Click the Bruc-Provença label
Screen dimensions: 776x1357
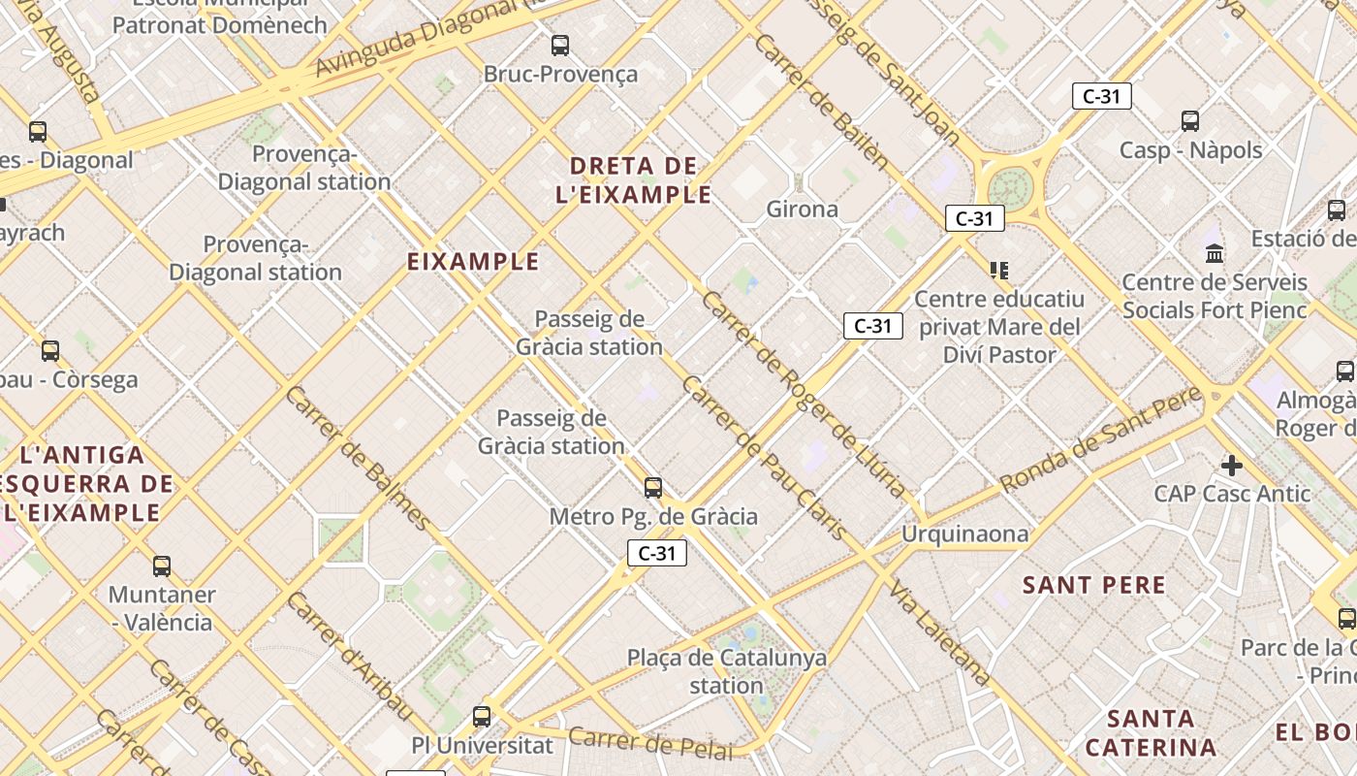pyautogui.click(x=560, y=74)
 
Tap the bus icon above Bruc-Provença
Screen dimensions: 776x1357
pyautogui.click(x=559, y=45)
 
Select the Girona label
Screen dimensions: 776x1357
pyautogui.click(x=802, y=209)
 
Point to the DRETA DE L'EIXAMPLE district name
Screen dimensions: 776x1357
pyautogui.click(x=634, y=179)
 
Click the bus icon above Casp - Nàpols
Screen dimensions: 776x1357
pyautogui.click(x=1190, y=121)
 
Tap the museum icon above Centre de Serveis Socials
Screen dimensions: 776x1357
pyautogui.click(x=1214, y=253)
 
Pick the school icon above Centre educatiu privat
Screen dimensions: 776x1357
pyautogui.click(x=998, y=270)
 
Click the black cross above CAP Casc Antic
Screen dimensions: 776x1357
pyautogui.click(x=1231, y=466)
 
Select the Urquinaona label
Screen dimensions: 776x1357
pyautogui.click(x=964, y=533)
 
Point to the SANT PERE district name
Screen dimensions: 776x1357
pyautogui.click(x=1094, y=585)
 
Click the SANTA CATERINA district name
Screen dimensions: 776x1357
pyautogui.click(x=1151, y=733)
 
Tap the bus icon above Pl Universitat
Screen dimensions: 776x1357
pyautogui.click(x=482, y=717)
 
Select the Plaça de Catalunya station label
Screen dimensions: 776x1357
pyautogui.click(x=727, y=671)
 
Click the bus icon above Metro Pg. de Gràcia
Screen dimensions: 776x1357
pyautogui.click(x=653, y=487)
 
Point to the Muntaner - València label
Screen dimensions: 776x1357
pyautogui.click(x=162, y=607)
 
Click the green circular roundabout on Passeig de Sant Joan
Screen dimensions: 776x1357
pyautogui.click(x=1012, y=185)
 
